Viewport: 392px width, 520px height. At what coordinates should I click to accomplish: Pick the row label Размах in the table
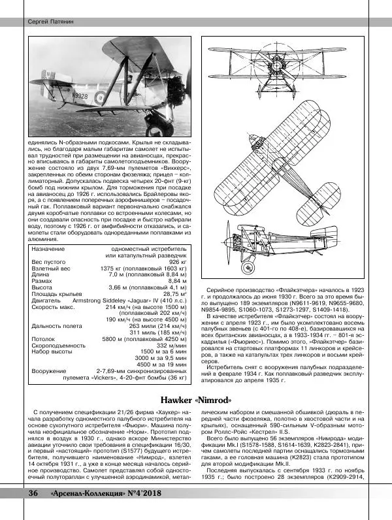coord(43,280)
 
